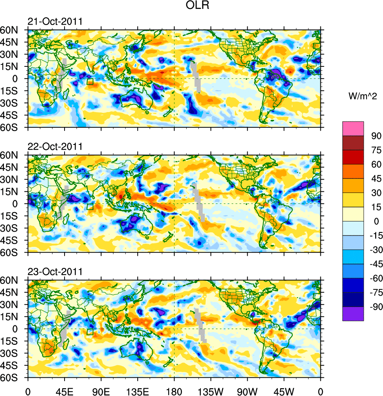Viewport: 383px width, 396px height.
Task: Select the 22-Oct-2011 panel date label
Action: click(55, 147)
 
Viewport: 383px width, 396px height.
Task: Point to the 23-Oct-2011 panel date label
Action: click(55, 272)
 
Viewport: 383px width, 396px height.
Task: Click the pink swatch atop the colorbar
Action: click(353, 128)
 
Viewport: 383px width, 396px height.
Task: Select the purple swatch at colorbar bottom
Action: click(353, 314)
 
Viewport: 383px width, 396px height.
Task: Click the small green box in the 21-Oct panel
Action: click(90, 82)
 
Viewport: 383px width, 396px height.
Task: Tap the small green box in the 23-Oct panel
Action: click(90, 332)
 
